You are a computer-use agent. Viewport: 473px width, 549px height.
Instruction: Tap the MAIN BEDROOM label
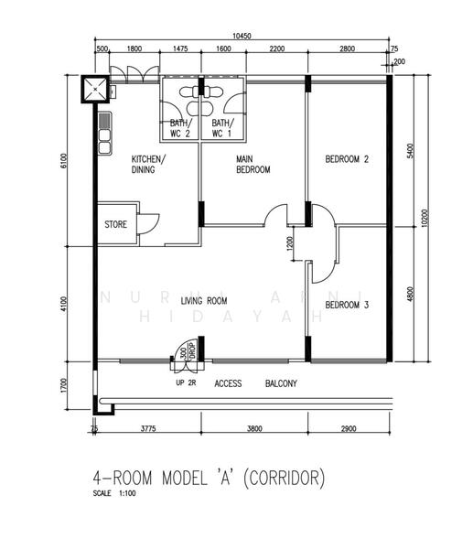[253, 164]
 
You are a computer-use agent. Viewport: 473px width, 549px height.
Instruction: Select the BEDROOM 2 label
[347, 159]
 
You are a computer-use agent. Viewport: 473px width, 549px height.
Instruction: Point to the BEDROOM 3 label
[347, 305]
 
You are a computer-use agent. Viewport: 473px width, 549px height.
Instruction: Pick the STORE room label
[115, 223]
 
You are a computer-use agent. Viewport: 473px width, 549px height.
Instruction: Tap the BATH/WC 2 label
[179, 128]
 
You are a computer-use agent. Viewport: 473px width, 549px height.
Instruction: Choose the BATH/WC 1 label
[222, 128]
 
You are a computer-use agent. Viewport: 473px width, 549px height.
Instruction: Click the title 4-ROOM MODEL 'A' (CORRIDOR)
[209, 478]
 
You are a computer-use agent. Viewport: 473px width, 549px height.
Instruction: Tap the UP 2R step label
[188, 383]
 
